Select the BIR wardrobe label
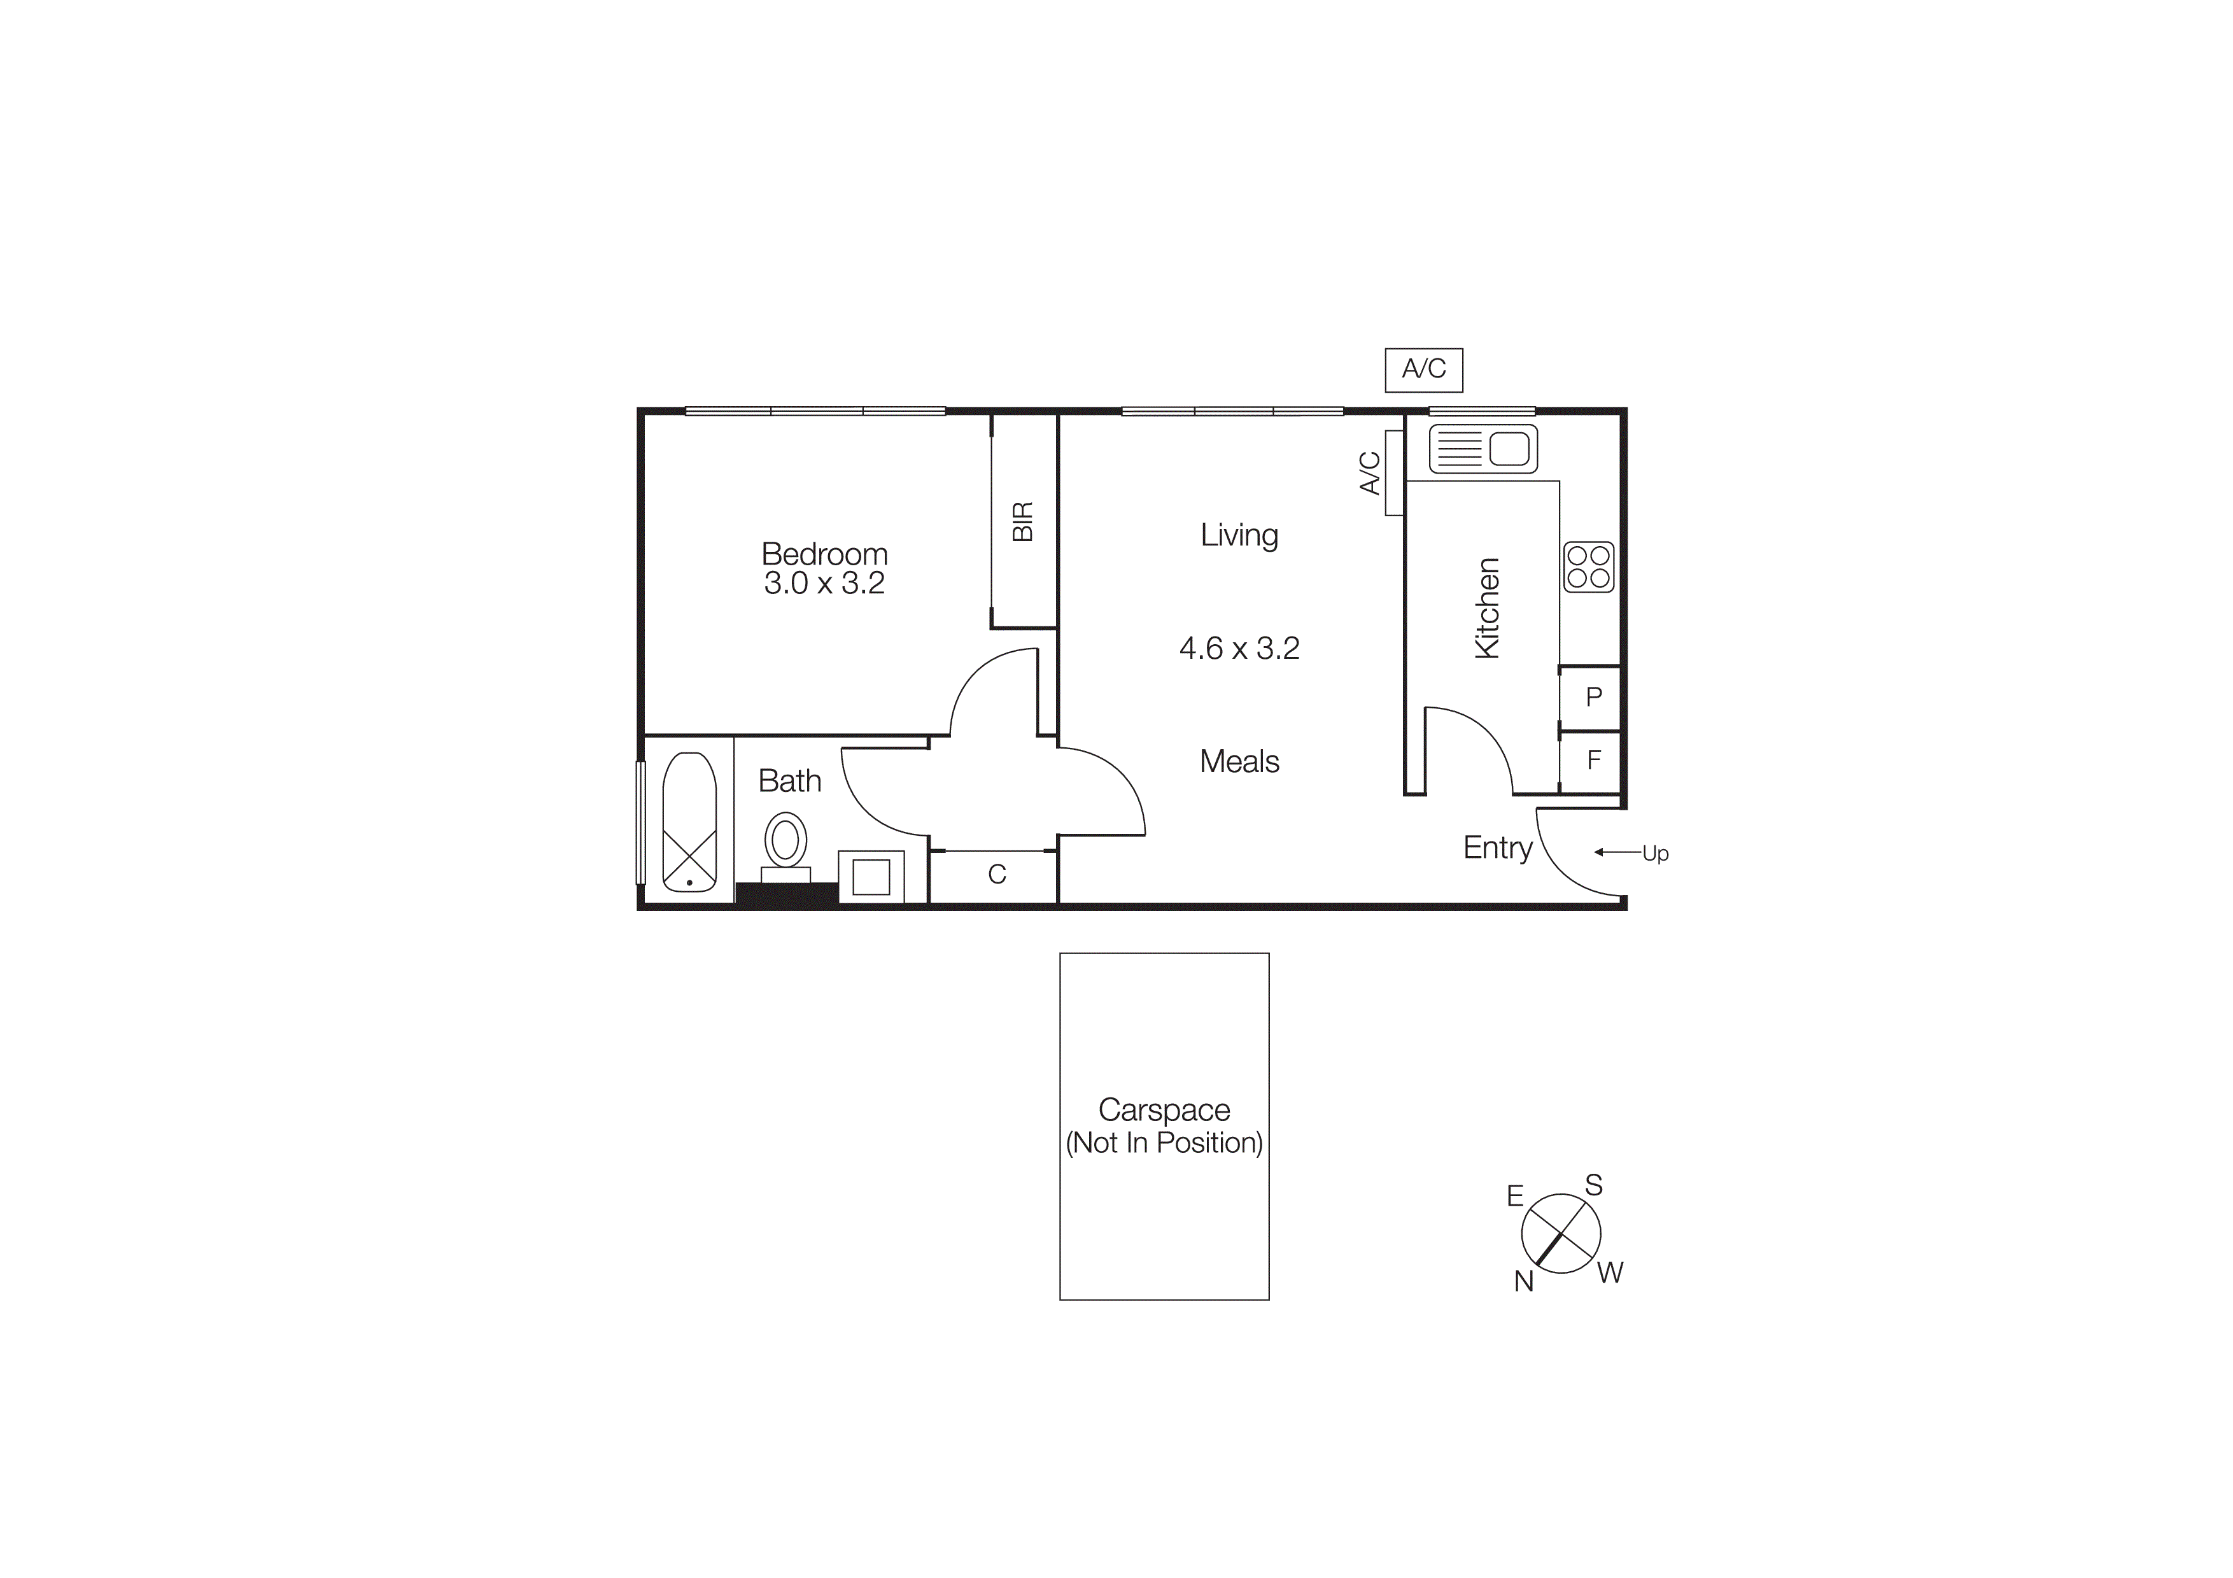(1022, 522)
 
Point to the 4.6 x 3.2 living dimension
(1239, 649)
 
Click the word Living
(1239, 535)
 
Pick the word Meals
(1239, 761)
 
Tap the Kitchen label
(1487, 608)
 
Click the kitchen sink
(1482, 449)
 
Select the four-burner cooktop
(1588, 567)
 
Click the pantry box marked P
(1592, 697)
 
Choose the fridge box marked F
(1592, 760)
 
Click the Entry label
(1497, 848)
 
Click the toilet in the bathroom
(786, 842)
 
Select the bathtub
(689, 822)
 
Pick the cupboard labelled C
(996, 875)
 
